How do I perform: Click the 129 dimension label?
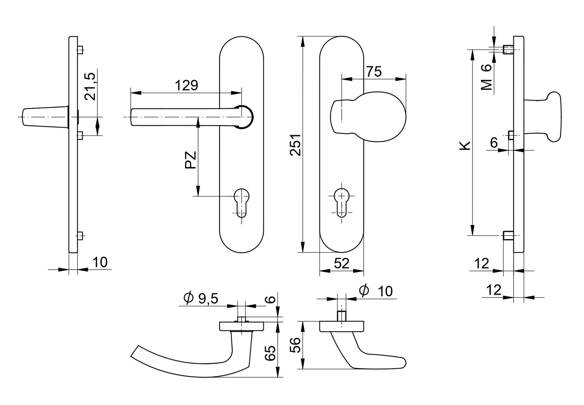[187, 85]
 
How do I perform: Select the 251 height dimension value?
[295, 144]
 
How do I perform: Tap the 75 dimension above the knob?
[373, 71]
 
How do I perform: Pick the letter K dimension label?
[465, 145]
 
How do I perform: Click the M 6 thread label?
[486, 77]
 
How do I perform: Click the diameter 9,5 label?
[200, 298]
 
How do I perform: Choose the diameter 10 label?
[376, 291]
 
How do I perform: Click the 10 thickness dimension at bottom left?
[100, 262]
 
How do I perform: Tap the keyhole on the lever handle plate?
[242, 202]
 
